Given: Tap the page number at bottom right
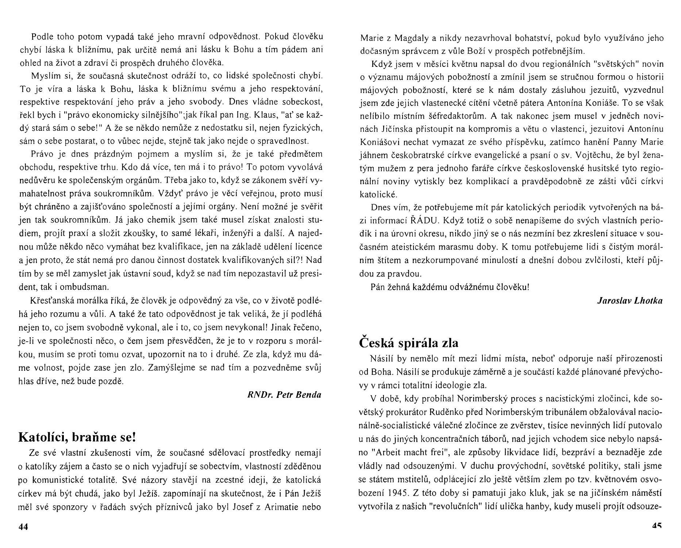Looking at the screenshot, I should point(657,526).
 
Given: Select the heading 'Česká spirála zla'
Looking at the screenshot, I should point(409,342).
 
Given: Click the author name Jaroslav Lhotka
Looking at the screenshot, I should point(630,300).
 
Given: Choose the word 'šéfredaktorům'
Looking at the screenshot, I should point(459,116).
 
